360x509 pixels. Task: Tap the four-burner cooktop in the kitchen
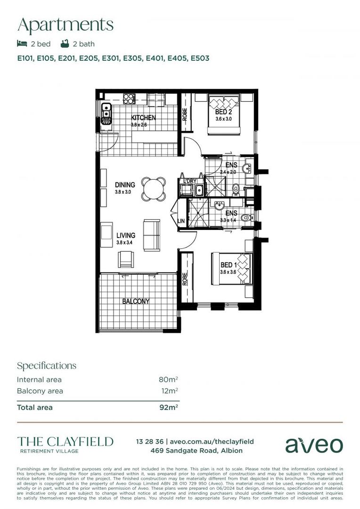(129, 99)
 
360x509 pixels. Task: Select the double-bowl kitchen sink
(106, 114)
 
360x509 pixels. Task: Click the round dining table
(154, 189)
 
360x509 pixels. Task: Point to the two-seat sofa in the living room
(152, 234)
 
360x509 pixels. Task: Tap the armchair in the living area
(126, 259)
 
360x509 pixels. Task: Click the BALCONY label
(136, 301)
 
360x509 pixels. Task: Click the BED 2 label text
(223, 112)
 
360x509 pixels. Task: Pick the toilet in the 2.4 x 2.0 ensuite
(236, 188)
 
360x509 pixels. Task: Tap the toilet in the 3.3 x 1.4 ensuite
(245, 218)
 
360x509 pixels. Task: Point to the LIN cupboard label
(181, 221)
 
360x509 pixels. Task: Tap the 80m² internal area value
(168, 379)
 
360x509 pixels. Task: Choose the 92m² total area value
(168, 407)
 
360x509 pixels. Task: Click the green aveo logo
(314, 445)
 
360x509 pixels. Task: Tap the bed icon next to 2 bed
(22, 44)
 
